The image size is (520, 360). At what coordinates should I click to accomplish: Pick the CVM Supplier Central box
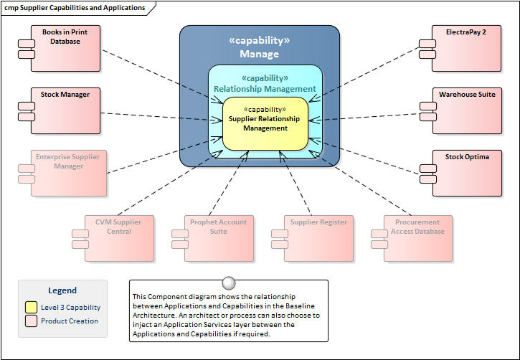tap(118, 237)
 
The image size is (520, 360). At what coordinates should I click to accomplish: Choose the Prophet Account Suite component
tap(219, 237)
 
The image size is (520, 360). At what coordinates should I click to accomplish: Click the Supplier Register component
tap(318, 237)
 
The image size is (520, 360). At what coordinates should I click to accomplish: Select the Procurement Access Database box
tap(418, 237)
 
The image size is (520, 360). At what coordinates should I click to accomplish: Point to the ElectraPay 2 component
tap(466, 49)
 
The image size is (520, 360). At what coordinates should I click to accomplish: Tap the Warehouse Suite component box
tap(466, 111)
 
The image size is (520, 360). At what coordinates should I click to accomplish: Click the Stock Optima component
tap(466, 173)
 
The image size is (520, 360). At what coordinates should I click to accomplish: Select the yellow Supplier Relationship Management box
tap(265, 123)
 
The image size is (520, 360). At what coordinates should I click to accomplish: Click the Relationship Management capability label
tap(265, 89)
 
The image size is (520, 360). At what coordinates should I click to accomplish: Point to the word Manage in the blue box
tap(260, 54)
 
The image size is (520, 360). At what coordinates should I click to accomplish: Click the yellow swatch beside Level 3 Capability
tap(31, 307)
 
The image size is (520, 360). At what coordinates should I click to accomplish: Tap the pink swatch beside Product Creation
tap(31, 321)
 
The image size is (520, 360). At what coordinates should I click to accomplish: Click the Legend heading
tap(62, 290)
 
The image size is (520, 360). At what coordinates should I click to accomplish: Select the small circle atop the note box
tap(229, 282)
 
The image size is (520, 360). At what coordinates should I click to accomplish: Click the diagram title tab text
tap(75, 8)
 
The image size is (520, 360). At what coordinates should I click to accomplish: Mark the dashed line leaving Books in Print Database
tap(154, 72)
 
